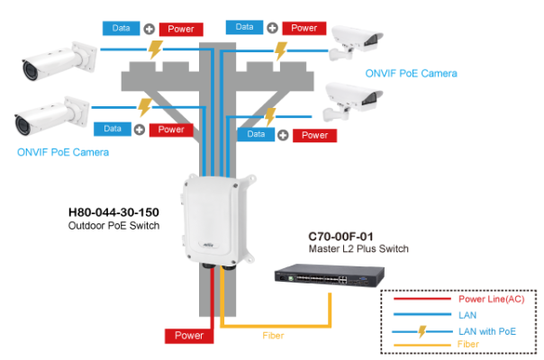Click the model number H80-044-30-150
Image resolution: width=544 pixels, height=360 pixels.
pos(113,213)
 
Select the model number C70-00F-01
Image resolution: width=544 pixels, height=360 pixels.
pos(341,236)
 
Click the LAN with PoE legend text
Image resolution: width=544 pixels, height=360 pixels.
pos(491,331)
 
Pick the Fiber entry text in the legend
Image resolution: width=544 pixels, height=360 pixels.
pos(469,345)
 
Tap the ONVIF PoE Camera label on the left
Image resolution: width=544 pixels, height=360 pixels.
pos(63,152)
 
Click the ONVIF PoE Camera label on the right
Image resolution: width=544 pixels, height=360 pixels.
pos(411,73)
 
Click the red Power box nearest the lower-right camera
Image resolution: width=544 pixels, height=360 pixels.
pos(315,135)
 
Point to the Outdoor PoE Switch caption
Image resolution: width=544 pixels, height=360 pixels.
pos(113,226)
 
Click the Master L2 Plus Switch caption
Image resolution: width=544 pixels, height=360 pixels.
pos(358,248)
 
